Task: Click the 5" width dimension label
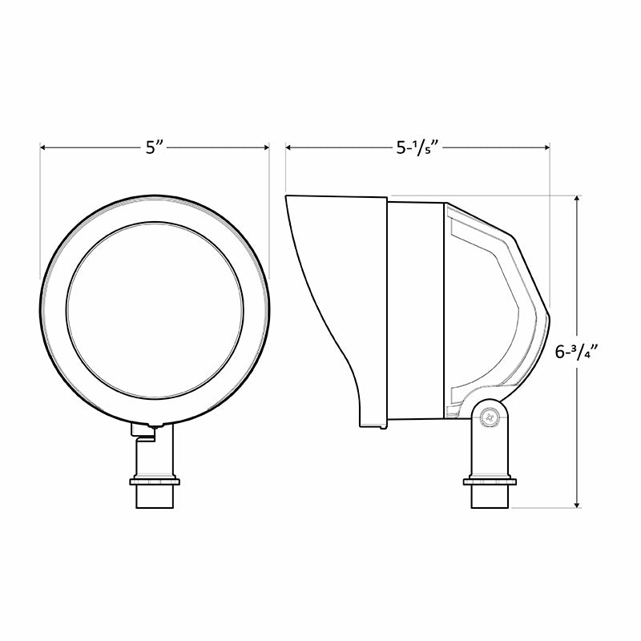coord(154,147)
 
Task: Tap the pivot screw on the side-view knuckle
coord(490,416)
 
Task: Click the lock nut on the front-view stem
coord(154,482)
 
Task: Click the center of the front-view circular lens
coord(154,309)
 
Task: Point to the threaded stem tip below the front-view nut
coord(154,498)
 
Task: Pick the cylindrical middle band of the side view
coord(416,308)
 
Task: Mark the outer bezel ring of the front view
coord(53,309)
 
